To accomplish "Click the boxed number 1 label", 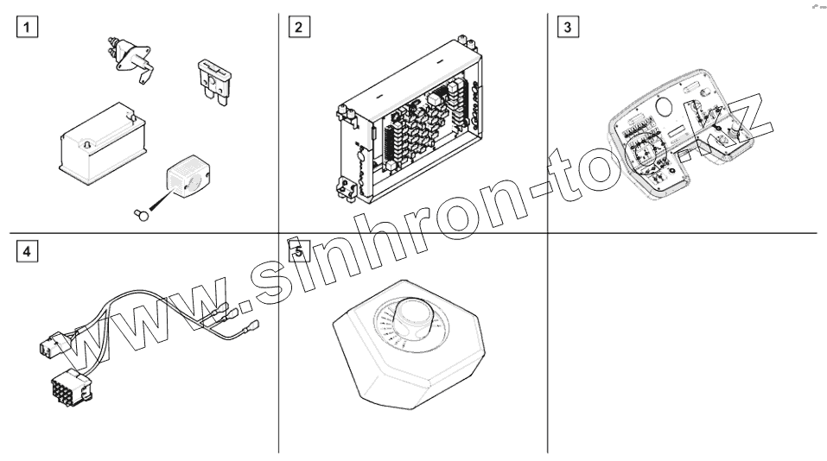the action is tap(30, 26).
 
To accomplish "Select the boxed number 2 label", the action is tap(299, 26).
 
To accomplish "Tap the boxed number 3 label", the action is tap(567, 26).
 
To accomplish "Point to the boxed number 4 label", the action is tap(30, 252).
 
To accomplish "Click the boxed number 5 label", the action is tap(299, 252).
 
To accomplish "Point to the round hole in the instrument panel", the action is tap(665, 108).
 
